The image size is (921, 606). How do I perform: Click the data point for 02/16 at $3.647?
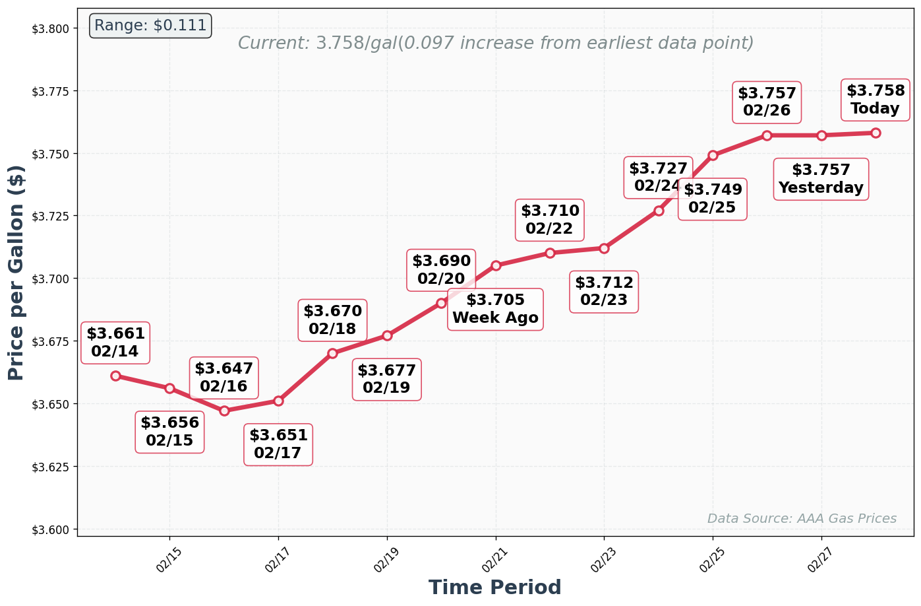pyautogui.click(x=224, y=411)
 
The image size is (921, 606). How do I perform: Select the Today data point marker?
pyautogui.click(x=876, y=133)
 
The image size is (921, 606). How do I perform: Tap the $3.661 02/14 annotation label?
pyautogui.click(x=115, y=343)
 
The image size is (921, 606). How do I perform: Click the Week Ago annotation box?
pyautogui.click(x=495, y=310)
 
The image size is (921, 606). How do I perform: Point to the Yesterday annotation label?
pyautogui.click(x=821, y=180)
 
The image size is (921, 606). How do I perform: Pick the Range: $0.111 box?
pyautogui.click(x=150, y=26)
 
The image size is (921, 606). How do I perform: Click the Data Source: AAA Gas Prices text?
pyautogui.click(x=802, y=519)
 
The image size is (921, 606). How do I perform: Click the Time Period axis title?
pyautogui.click(x=495, y=588)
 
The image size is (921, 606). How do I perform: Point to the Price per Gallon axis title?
pyautogui.click(x=16, y=273)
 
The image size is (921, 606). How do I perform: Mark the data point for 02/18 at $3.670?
pyautogui.click(x=332, y=353)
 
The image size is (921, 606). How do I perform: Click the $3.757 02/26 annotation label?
pyautogui.click(x=767, y=102)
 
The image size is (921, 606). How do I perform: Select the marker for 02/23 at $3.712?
pyautogui.click(x=604, y=248)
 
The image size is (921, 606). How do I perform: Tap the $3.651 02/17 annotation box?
pyautogui.click(x=278, y=445)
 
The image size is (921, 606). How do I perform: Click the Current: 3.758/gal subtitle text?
pyautogui.click(x=495, y=44)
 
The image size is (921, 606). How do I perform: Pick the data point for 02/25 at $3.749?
pyautogui.click(x=713, y=155)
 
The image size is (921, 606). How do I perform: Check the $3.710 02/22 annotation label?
pyautogui.click(x=550, y=220)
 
